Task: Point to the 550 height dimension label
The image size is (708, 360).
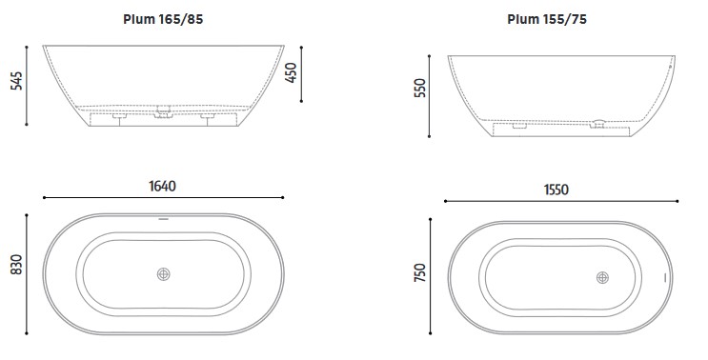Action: pyautogui.click(x=418, y=89)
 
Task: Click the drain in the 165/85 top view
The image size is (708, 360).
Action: pyautogui.click(x=164, y=274)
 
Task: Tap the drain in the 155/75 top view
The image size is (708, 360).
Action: pyautogui.click(x=602, y=277)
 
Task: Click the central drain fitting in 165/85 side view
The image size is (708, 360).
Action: pyautogui.click(x=164, y=112)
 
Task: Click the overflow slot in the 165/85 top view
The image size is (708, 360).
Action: pyautogui.click(x=163, y=220)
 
